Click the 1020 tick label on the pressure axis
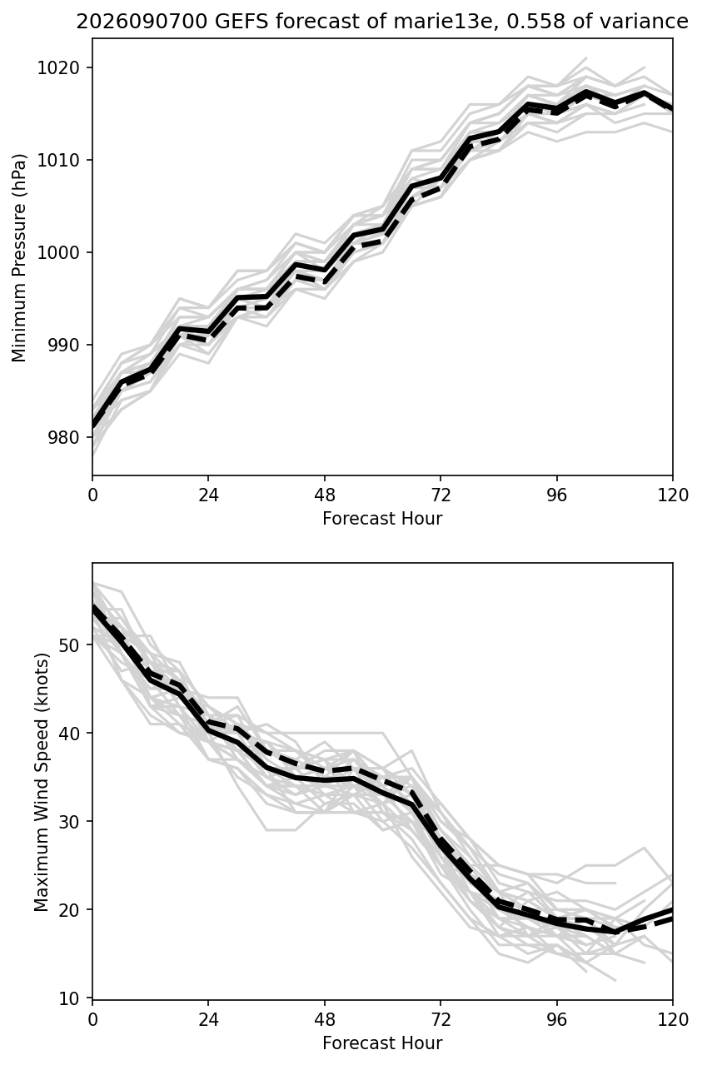[58, 67]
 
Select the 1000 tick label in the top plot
[58, 252]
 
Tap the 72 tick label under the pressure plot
[441, 495]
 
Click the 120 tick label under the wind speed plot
[673, 1020]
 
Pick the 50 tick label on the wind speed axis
[69, 644]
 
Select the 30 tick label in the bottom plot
[69, 822]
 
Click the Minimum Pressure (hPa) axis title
[18, 257]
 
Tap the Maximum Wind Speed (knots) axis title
[42, 782]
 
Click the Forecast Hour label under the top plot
[382, 518]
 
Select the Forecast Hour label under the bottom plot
[382, 1043]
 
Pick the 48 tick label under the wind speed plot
[325, 1020]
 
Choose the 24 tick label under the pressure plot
[208, 495]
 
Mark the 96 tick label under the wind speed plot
[557, 1020]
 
